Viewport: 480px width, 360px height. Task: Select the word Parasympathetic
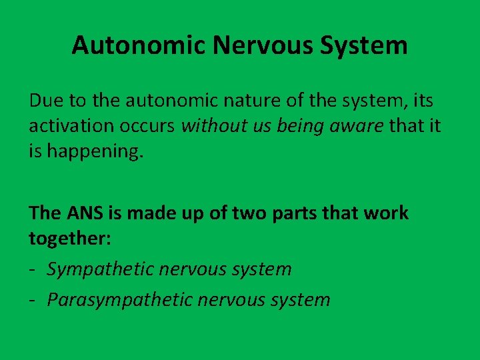pos(119,299)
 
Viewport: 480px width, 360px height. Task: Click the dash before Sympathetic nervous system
pos(33,269)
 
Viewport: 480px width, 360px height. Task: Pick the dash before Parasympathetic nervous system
pos(33,299)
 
